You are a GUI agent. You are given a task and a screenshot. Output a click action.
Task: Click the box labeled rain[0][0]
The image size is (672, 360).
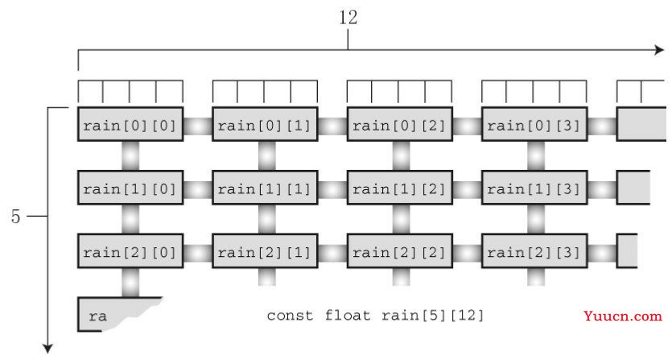coord(131,125)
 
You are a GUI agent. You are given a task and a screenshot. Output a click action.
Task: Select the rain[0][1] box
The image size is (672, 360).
coord(266,125)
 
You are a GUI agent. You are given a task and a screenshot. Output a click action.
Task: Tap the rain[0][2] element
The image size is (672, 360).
coord(400,125)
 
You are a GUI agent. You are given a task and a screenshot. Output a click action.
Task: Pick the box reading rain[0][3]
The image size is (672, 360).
coord(534,125)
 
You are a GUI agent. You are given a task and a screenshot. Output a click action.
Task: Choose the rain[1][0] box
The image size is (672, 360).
coord(131,188)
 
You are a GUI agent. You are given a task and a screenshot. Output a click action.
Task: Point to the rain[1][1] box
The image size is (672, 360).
coord(266,188)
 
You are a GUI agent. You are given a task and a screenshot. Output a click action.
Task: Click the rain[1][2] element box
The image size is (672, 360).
coord(400,188)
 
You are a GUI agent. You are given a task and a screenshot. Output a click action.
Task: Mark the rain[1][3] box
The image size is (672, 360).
coord(534,188)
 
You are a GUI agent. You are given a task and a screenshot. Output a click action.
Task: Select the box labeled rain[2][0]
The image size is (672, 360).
coord(131,252)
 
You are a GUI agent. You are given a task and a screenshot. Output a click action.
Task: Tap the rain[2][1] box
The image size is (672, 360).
coord(266,252)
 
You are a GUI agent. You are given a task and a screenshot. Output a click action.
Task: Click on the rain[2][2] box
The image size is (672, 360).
coord(400,252)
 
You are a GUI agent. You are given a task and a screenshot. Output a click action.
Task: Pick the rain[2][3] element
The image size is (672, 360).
coord(534,252)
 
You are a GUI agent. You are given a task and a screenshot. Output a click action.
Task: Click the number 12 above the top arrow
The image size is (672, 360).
coord(348,18)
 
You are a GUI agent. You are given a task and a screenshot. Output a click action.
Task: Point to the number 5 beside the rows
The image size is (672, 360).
coord(15,217)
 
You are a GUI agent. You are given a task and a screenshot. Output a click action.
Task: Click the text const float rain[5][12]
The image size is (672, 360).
coord(375,315)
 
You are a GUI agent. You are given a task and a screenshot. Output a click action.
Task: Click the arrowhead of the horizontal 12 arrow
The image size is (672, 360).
coord(658,50)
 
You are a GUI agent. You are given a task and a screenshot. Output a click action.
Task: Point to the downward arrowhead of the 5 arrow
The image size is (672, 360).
coord(48,348)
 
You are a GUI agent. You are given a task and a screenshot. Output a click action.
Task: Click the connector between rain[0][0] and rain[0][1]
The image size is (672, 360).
coord(198,126)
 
